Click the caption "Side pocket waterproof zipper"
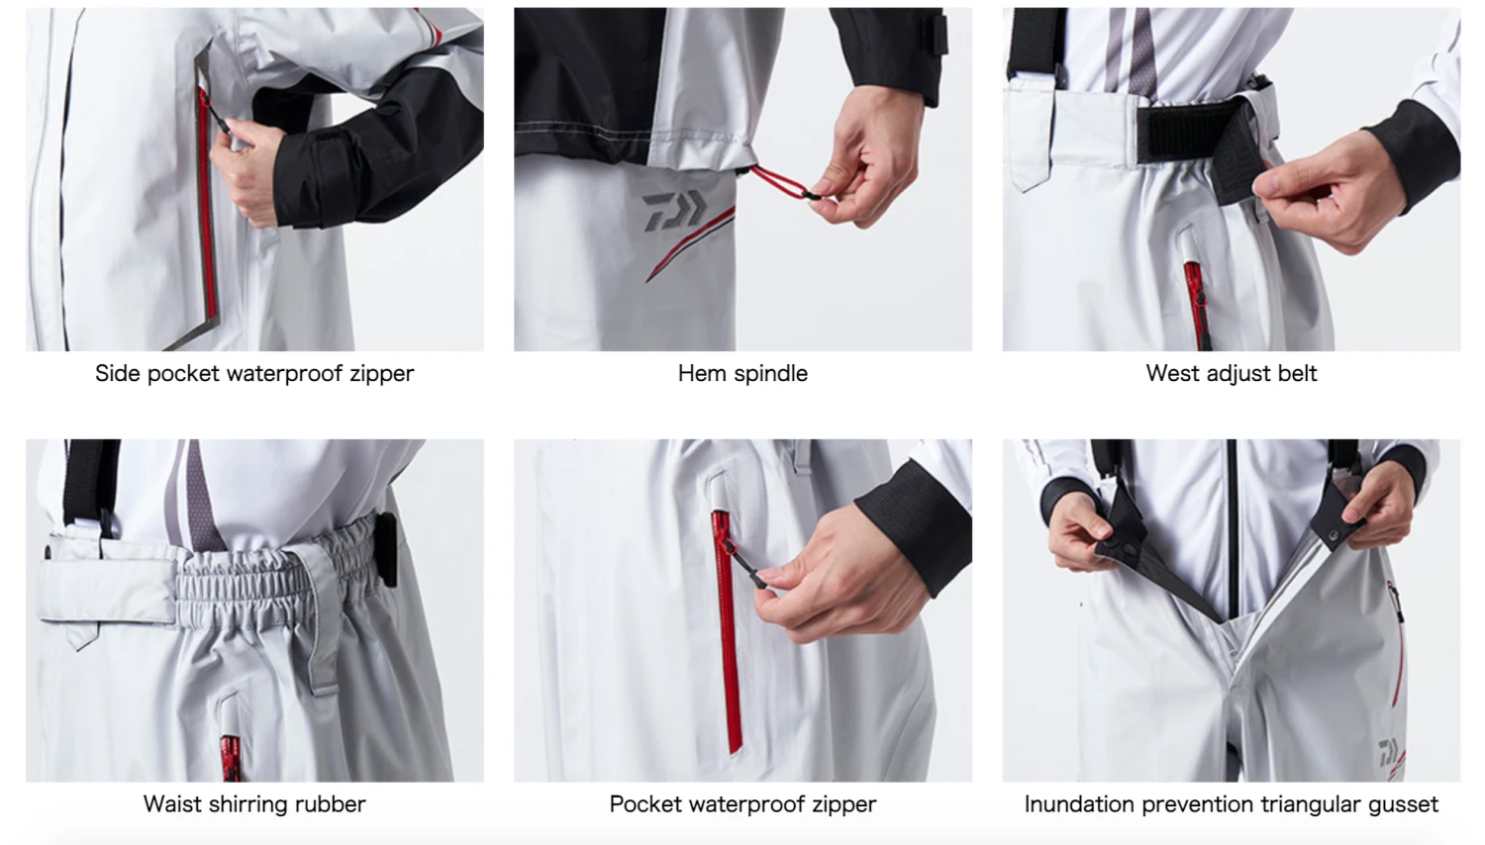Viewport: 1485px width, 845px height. click(x=254, y=374)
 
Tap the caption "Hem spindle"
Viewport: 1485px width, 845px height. click(x=742, y=374)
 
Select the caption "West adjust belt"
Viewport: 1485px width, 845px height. click(x=1232, y=374)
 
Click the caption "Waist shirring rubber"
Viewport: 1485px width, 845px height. click(x=254, y=804)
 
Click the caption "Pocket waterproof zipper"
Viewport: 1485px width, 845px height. click(x=742, y=804)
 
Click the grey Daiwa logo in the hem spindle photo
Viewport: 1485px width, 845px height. click(x=674, y=211)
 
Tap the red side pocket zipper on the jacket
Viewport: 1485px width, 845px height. click(x=207, y=206)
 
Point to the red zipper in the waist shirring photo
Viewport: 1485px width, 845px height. click(x=230, y=759)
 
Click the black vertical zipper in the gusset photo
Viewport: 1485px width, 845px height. click(x=1232, y=530)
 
